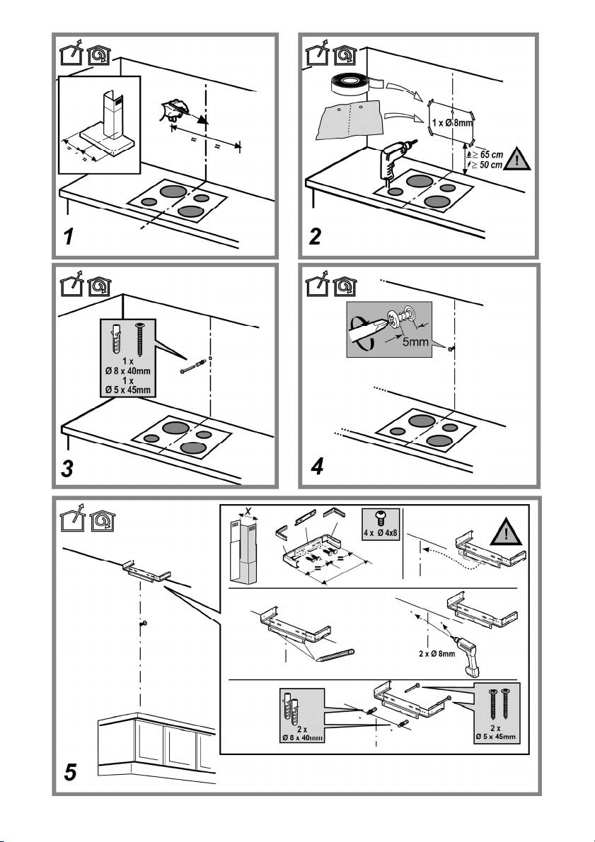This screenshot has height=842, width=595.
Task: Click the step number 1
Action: click(67, 238)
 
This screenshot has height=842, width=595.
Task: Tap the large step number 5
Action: click(68, 774)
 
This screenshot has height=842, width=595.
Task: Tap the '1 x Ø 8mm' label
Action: click(453, 122)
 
